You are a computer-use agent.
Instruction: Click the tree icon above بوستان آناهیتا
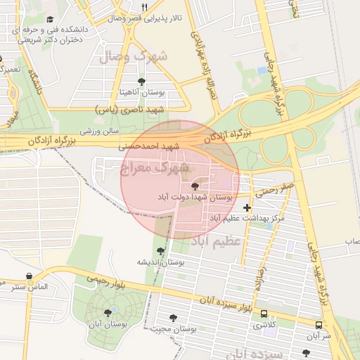(x=142, y=81)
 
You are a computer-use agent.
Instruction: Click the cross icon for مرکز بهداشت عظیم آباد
(x=246, y=207)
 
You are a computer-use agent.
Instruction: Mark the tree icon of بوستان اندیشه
(x=161, y=250)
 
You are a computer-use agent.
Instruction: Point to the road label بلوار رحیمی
(x=105, y=279)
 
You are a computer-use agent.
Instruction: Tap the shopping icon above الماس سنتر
(x=29, y=276)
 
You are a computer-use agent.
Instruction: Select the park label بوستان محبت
(x=173, y=329)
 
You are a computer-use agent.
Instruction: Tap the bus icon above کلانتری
(x=264, y=314)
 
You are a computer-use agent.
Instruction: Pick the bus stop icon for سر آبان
(x=319, y=326)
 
